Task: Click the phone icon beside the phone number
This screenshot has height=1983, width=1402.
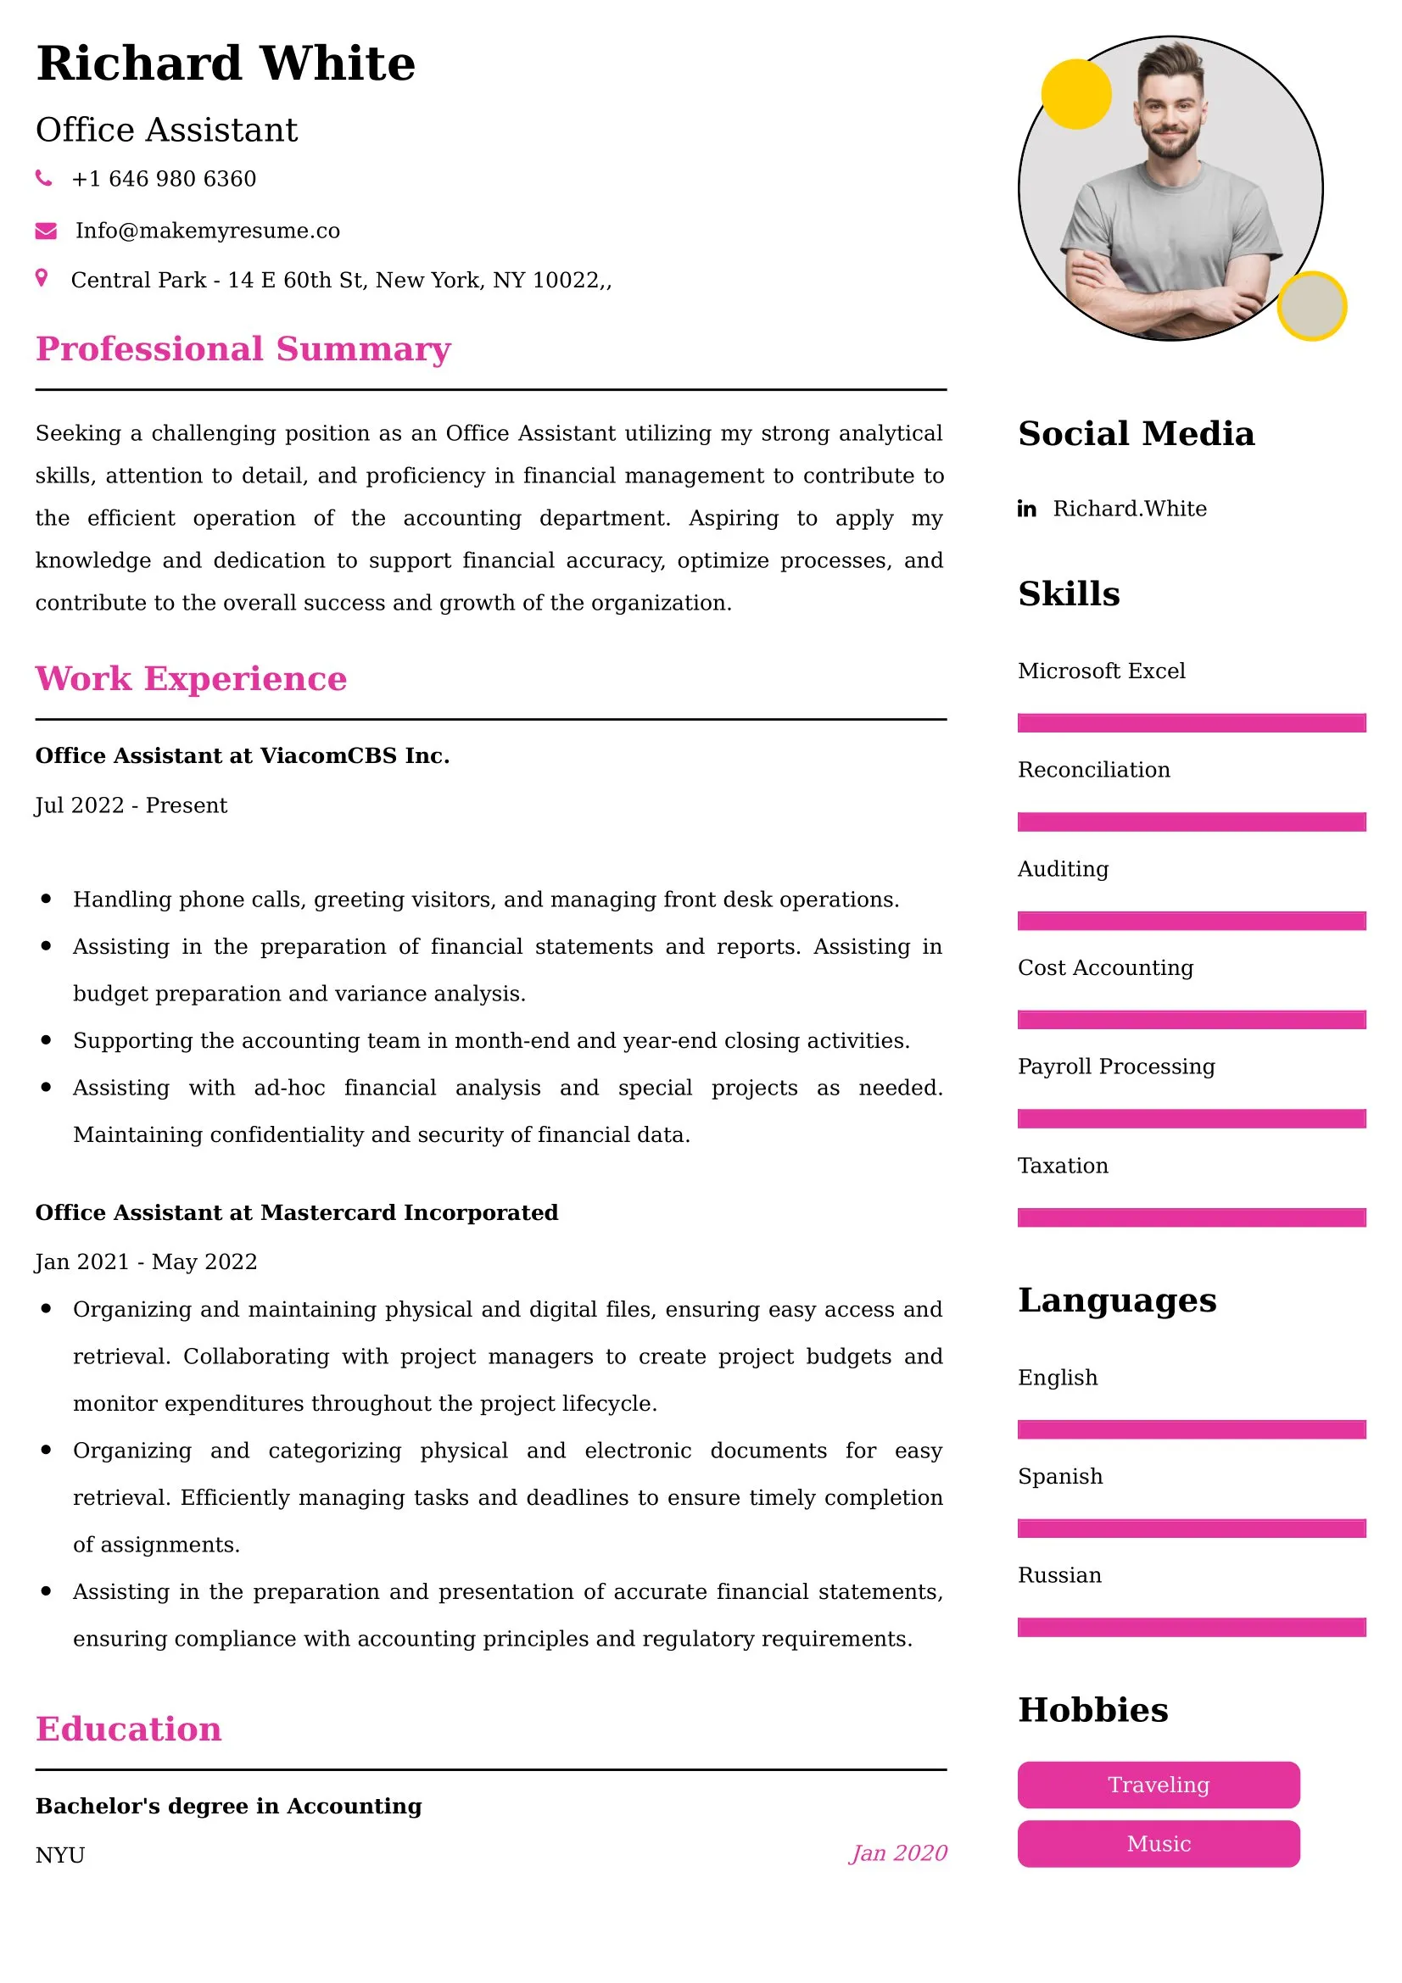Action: pos(43,178)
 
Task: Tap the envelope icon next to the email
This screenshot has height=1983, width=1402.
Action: pos(46,231)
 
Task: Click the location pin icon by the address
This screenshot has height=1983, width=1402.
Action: pos(41,278)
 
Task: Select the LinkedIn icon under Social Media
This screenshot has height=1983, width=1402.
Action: pos(1026,509)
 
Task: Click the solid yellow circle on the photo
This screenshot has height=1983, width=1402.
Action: pos(1075,94)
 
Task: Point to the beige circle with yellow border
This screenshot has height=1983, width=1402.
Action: pos(1311,306)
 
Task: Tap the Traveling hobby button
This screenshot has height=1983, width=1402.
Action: pos(1159,1785)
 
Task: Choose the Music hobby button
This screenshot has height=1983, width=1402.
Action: pos(1159,1844)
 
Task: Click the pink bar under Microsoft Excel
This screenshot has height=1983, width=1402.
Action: pos(1191,723)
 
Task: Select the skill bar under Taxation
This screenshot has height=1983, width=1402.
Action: pos(1191,1217)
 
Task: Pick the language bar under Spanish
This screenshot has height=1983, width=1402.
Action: pos(1191,1529)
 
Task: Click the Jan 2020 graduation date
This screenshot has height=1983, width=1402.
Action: pos(898,1853)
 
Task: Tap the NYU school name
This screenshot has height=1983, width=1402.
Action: pos(60,1855)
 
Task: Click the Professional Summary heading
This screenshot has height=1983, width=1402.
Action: pos(243,349)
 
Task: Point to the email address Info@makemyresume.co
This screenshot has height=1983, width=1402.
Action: pos(207,231)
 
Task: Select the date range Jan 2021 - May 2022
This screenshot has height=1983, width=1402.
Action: pos(146,1262)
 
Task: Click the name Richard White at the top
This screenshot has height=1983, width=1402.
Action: pos(226,64)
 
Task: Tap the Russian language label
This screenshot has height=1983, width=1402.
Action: pos(1060,1575)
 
